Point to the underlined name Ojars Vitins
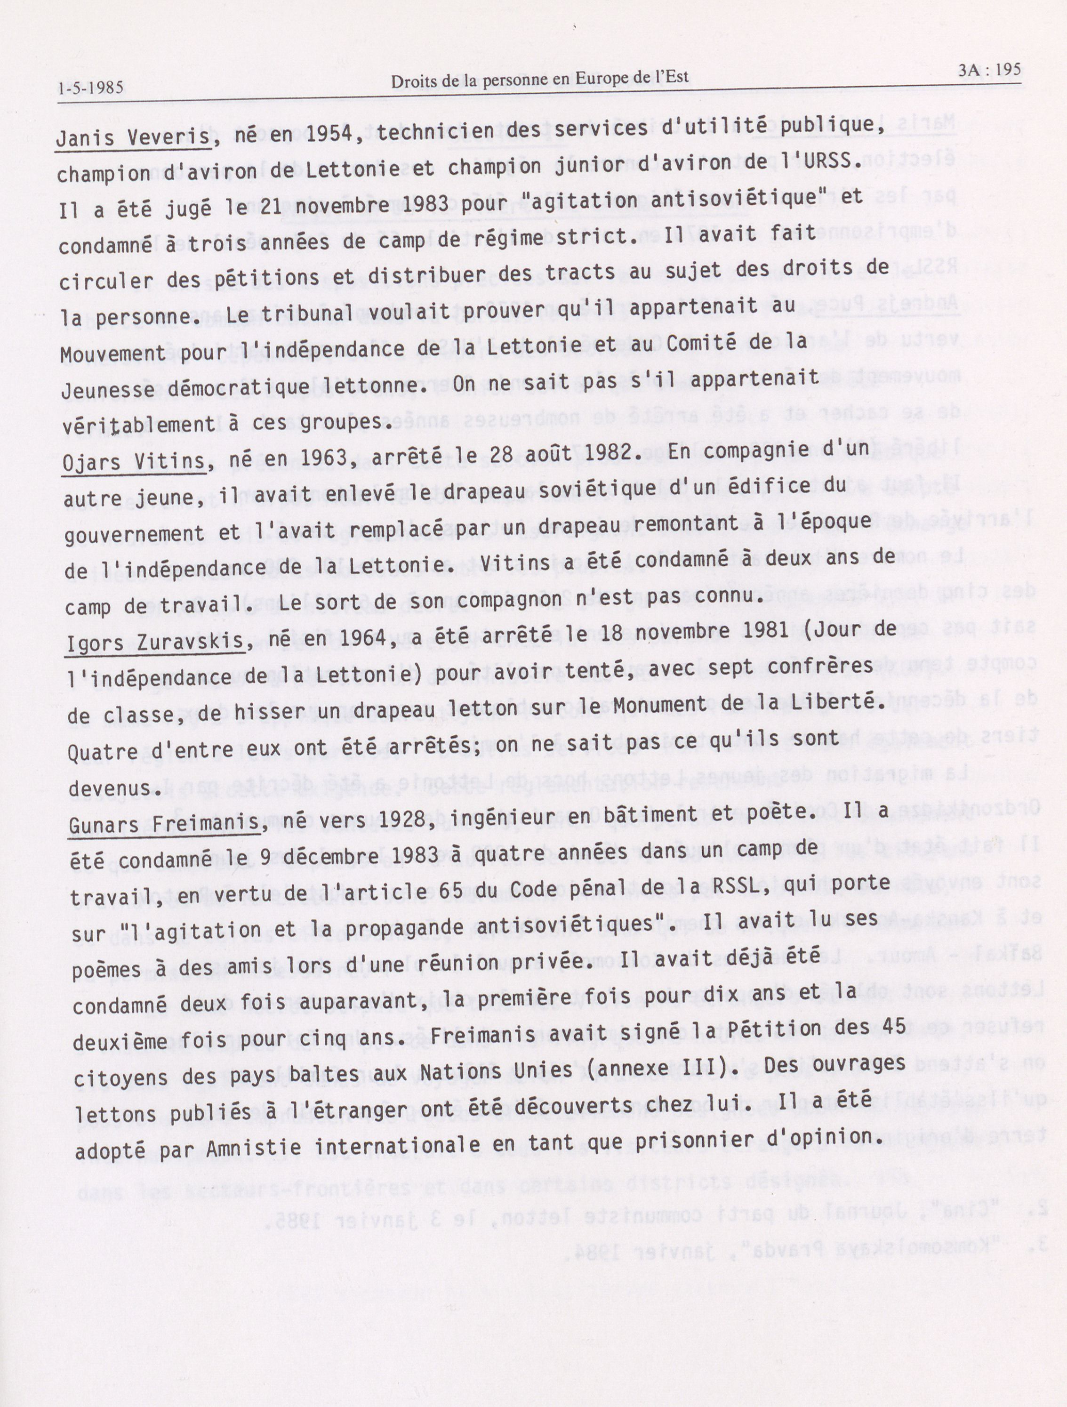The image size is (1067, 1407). pyautogui.click(x=134, y=462)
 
